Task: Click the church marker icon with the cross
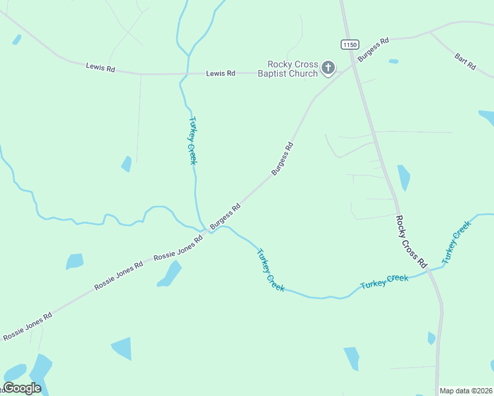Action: pyautogui.click(x=328, y=67)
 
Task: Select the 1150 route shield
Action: pyautogui.click(x=350, y=44)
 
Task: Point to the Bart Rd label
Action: pyautogui.click(x=465, y=61)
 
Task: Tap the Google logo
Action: pyautogui.click(x=22, y=388)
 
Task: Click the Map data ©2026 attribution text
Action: pyautogui.click(x=466, y=391)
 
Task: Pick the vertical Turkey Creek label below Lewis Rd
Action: pyautogui.click(x=193, y=141)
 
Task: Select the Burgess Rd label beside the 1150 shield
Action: pyautogui.click(x=373, y=49)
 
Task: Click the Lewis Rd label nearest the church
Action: pyautogui.click(x=220, y=73)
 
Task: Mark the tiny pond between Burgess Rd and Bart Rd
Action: pyautogui.click(x=394, y=61)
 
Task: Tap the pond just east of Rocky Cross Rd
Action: pyautogui.click(x=404, y=177)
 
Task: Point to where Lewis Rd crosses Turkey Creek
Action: pyautogui.click(x=188, y=74)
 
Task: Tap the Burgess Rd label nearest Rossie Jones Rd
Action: pyautogui.click(x=225, y=217)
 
